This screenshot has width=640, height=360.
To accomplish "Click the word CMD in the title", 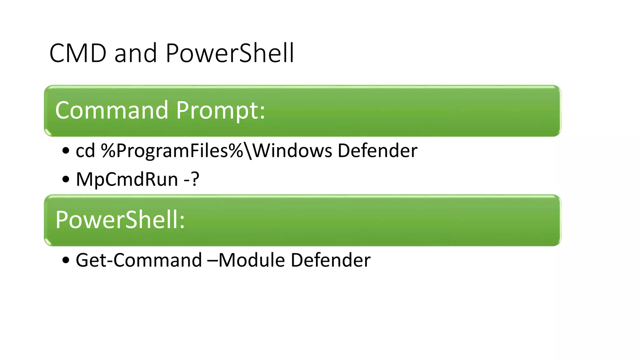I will coord(78,53).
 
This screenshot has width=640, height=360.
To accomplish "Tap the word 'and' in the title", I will coord(135,53).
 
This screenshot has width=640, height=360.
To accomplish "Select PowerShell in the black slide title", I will coord(230,53).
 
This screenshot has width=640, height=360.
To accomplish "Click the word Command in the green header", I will coord(112,110).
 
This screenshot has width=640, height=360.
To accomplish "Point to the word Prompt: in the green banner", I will coord(221,111).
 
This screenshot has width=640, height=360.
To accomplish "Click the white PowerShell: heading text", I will coord(120,220).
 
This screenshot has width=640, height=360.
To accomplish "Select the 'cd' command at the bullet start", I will coord(85,151).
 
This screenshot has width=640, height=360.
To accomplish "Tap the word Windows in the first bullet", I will coord(292,151).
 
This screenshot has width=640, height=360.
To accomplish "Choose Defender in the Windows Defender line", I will coord(377,151).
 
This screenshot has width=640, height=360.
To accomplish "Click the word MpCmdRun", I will coord(127,180).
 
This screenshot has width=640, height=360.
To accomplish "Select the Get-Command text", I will coord(139,260).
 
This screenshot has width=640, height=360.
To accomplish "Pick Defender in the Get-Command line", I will coord(331,260).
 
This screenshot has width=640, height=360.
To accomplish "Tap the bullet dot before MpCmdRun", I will coord(66,180).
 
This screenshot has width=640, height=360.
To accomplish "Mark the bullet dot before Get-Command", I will coord(66,260).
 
